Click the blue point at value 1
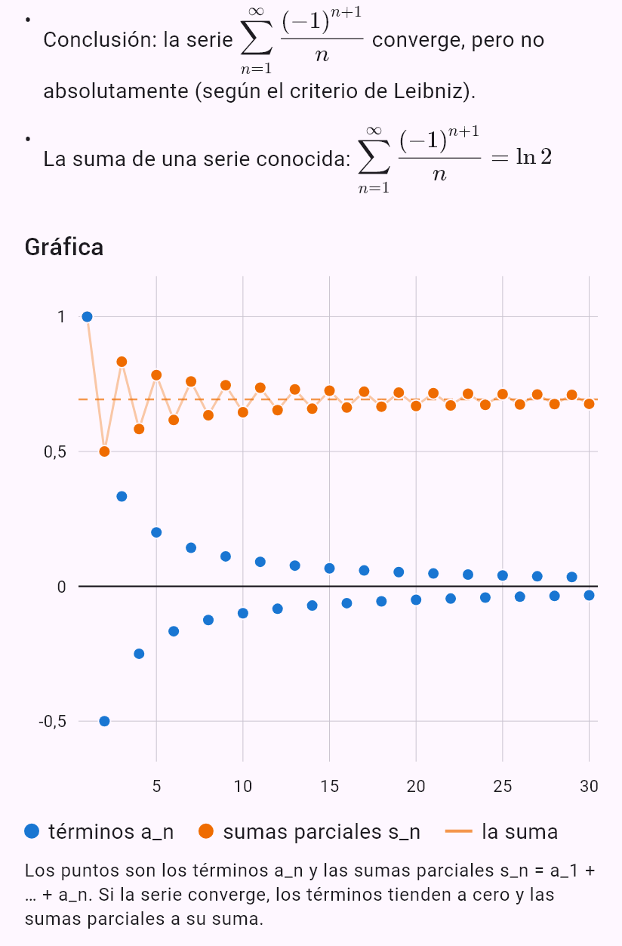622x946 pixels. pyautogui.click(x=87, y=317)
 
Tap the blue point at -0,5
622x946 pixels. pyautogui.click(x=104, y=721)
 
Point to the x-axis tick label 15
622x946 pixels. pyautogui.click(x=329, y=787)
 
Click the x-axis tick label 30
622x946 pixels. pyautogui.click(x=589, y=787)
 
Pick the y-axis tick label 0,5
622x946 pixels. pyautogui.click(x=55, y=452)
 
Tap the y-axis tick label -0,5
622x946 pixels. pyautogui.click(x=52, y=721)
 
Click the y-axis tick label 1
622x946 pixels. pyautogui.click(x=61, y=317)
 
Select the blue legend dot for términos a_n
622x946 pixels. pyautogui.click(x=32, y=831)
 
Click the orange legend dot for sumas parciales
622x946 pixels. pyautogui.click(x=206, y=831)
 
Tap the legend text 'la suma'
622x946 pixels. pyautogui.click(x=520, y=831)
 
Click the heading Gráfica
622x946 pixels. pyautogui.click(x=64, y=247)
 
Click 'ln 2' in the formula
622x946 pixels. pyautogui.click(x=534, y=157)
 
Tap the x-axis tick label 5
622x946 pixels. pyautogui.click(x=156, y=787)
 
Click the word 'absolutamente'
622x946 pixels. pyautogui.click(x=115, y=91)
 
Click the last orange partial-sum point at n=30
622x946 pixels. pyautogui.click(x=589, y=404)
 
